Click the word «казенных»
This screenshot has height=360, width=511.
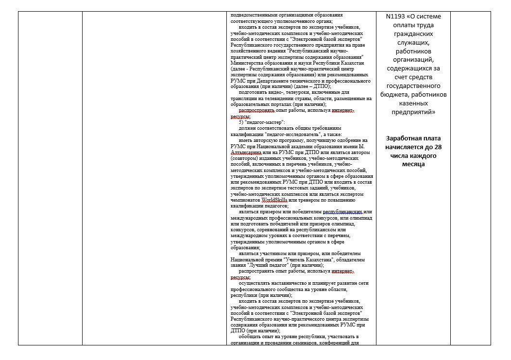coord(414,103)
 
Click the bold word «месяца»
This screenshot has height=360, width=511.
coord(413,164)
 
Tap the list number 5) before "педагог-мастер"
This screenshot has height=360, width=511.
coord(241,122)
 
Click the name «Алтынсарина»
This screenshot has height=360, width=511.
coord(247,152)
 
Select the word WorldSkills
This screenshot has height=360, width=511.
coord(274,200)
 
